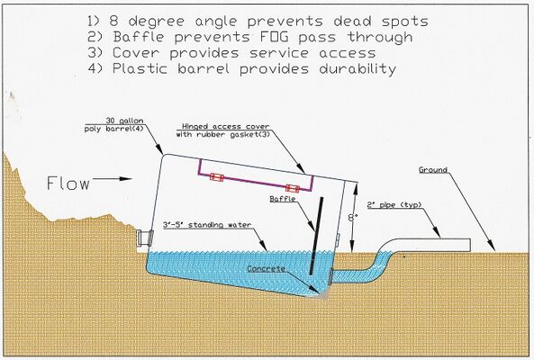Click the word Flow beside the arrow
click(68, 183)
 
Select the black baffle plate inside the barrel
click(317, 236)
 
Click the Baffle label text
click(283, 199)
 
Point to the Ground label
click(433, 170)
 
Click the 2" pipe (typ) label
click(394, 205)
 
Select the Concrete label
click(266, 268)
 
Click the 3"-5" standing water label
click(207, 225)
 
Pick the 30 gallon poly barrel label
click(114, 125)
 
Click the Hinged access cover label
click(223, 130)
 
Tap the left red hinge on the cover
click(217, 177)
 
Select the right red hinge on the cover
click(293, 188)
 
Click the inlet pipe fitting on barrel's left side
click(145, 238)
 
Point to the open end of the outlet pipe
click(470, 245)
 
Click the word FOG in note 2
click(275, 37)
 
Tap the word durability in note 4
click(358, 68)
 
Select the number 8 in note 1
click(113, 21)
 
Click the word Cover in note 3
click(136, 53)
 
